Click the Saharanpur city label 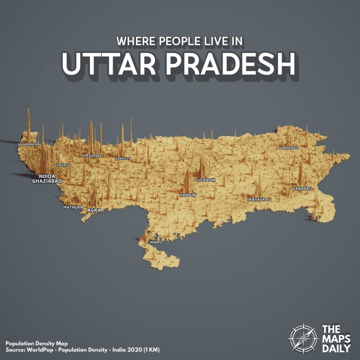pos(28,144)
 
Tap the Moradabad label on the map pos(91,155)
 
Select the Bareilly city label pos(123,159)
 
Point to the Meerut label pos(64,165)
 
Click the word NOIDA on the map pos(47,176)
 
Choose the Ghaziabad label pos(47,181)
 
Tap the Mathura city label pos(73,207)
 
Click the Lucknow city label pos(205,180)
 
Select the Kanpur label pos(188,195)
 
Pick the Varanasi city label pos(302,189)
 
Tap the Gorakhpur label pos(289,148)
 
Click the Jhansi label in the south pos(156,242)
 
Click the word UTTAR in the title pos(105,65)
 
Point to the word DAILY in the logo pos(336,348)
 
